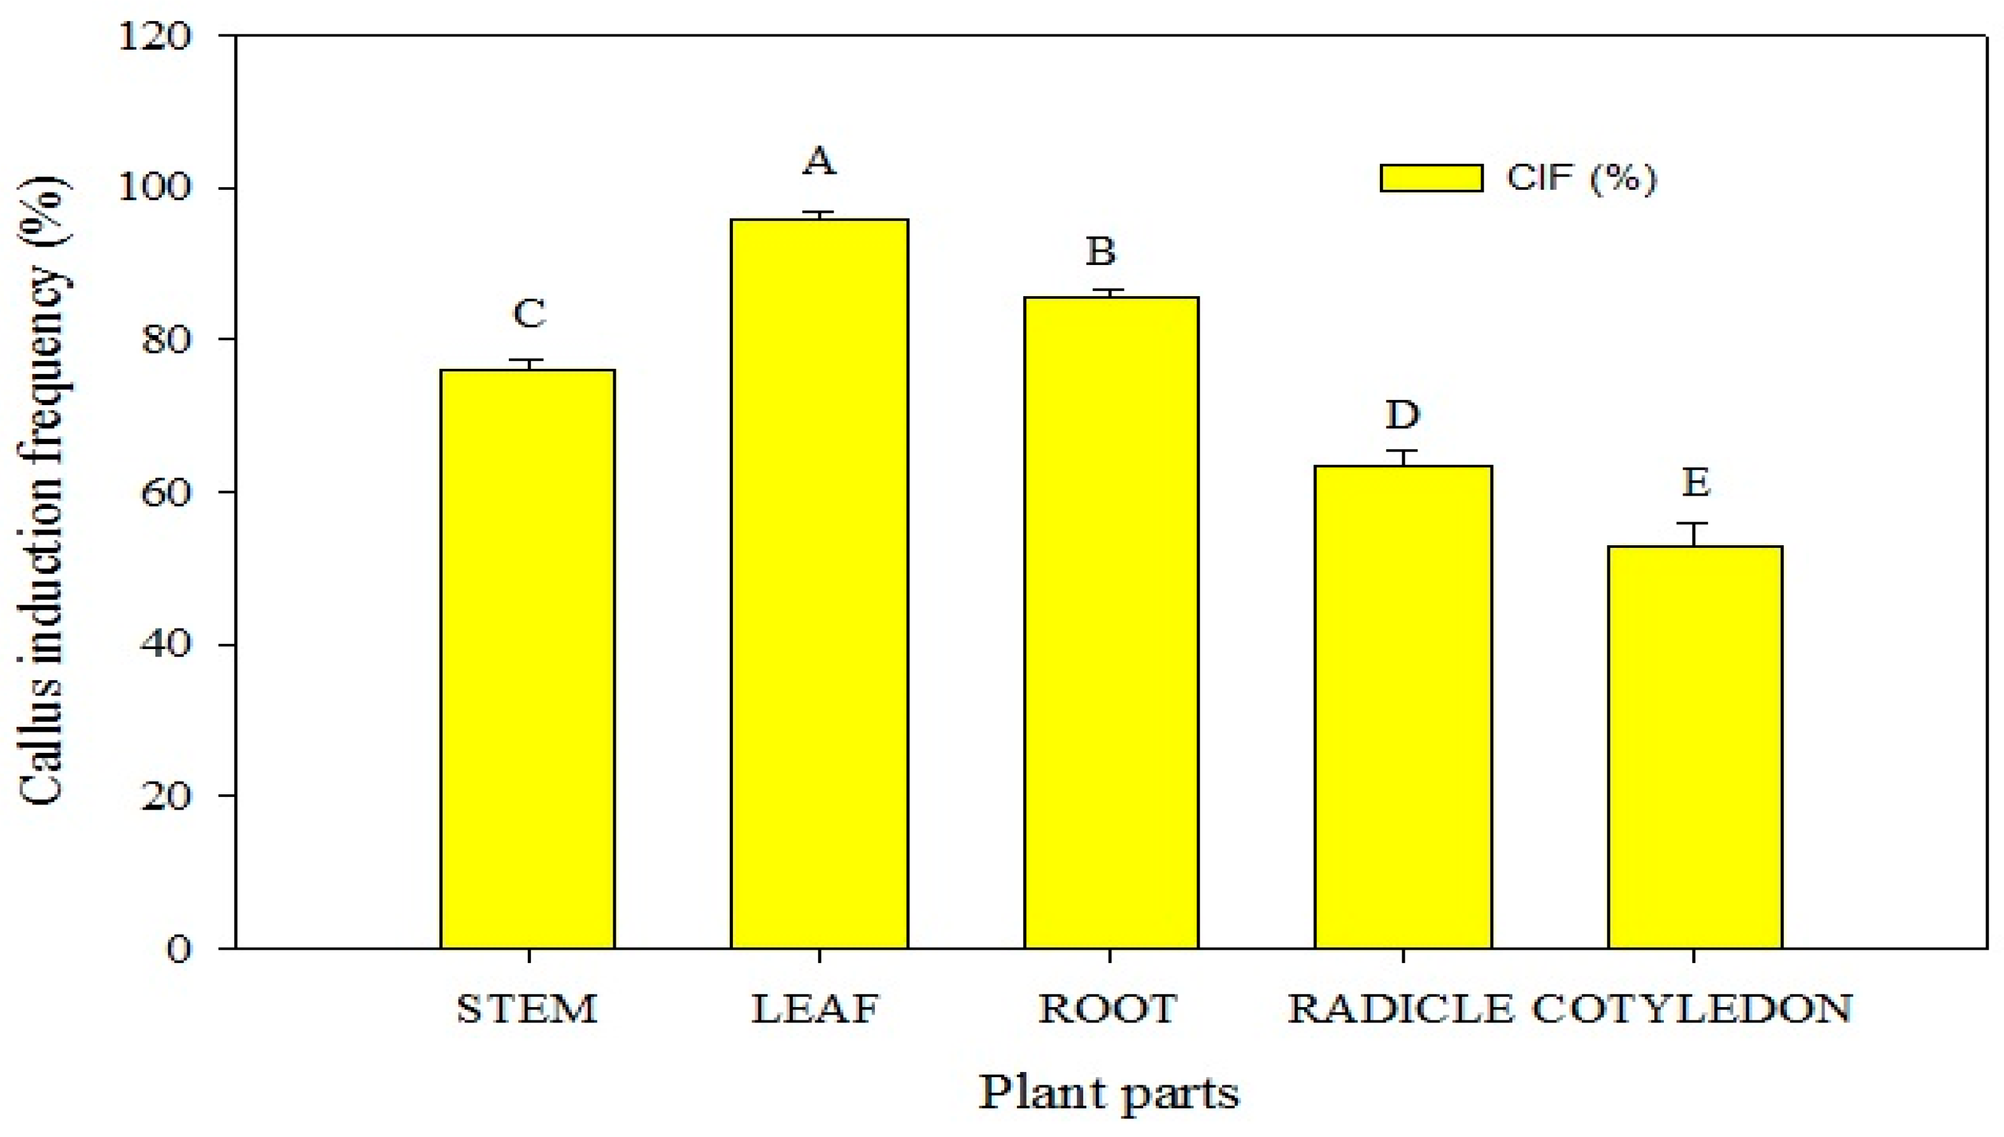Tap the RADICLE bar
[x=1403, y=706]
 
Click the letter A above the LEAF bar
[x=819, y=162]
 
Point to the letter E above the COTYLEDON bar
[x=1696, y=482]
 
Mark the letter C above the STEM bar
[x=529, y=314]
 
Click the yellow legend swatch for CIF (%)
[x=1431, y=178]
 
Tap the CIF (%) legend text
[x=1581, y=178]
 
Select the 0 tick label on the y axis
[x=179, y=950]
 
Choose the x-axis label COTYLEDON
[x=1693, y=1009]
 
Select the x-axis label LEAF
[x=816, y=1009]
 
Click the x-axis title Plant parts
[x=1109, y=1092]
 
